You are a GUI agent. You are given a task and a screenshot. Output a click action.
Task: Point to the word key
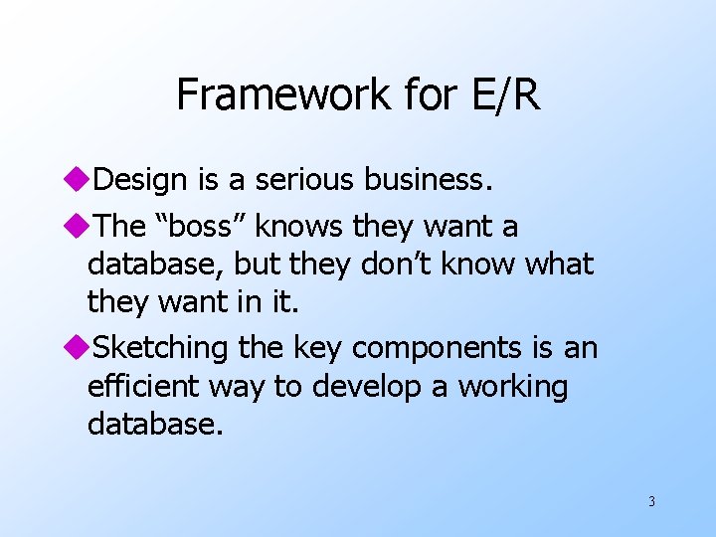[x=319, y=348]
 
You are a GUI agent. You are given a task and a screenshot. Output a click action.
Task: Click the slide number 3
[x=651, y=501]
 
